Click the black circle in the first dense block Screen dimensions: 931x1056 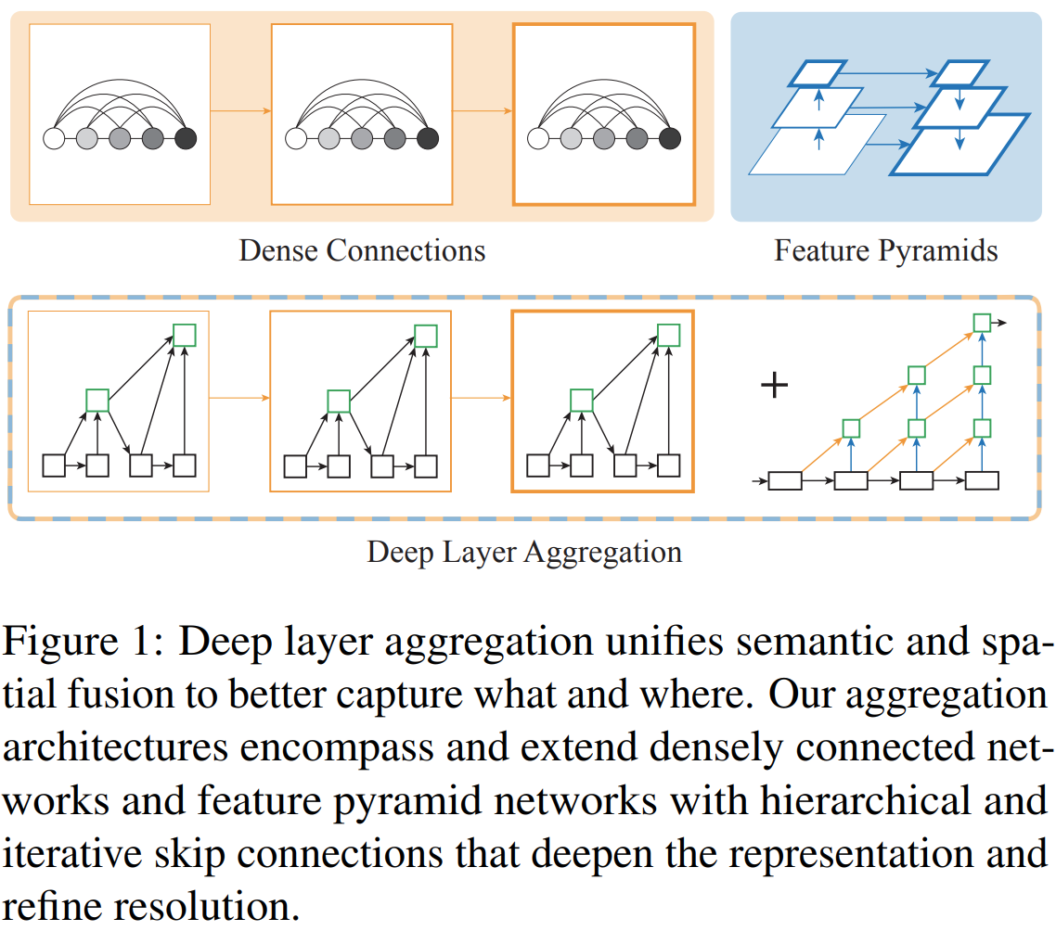pyautogui.click(x=186, y=139)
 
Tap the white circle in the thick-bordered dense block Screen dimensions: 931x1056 pyautogui.click(x=537, y=139)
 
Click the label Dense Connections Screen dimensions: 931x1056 pyautogui.click(x=362, y=250)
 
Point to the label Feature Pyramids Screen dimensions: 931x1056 pyautogui.click(x=886, y=250)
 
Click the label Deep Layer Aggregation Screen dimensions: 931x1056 pyautogui.click(x=524, y=553)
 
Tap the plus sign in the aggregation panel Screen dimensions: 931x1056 pyautogui.click(x=774, y=385)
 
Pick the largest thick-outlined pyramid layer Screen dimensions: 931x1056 pyautogui.click(x=960, y=144)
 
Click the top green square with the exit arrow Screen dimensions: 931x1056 pyautogui.click(x=982, y=323)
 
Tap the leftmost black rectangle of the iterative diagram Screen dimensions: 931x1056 pyautogui.click(x=785, y=480)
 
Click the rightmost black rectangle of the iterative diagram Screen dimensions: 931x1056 pyautogui.click(x=982, y=480)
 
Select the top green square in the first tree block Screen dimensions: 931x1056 pyautogui.click(x=185, y=335)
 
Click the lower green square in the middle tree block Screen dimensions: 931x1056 pyautogui.click(x=339, y=401)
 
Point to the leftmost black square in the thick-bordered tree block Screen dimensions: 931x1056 pyautogui.click(x=537, y=465)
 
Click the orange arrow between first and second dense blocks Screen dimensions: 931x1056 pyautogui.click(x=240, y=111)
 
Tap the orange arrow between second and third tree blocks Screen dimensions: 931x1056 pyautogui.click(x=482, y=398)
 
